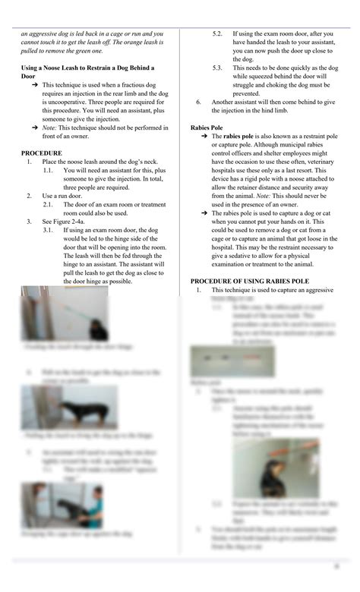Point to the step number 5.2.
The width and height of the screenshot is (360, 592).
pyautogui.click(x=217, y=34)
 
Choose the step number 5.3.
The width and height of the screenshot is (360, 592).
pyautogui.click(x=217, y=68)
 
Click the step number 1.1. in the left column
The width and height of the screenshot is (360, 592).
pyautogui.click(x=49, y=170)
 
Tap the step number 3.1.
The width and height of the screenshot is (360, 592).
pyautogui.click(x=49, y=229)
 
